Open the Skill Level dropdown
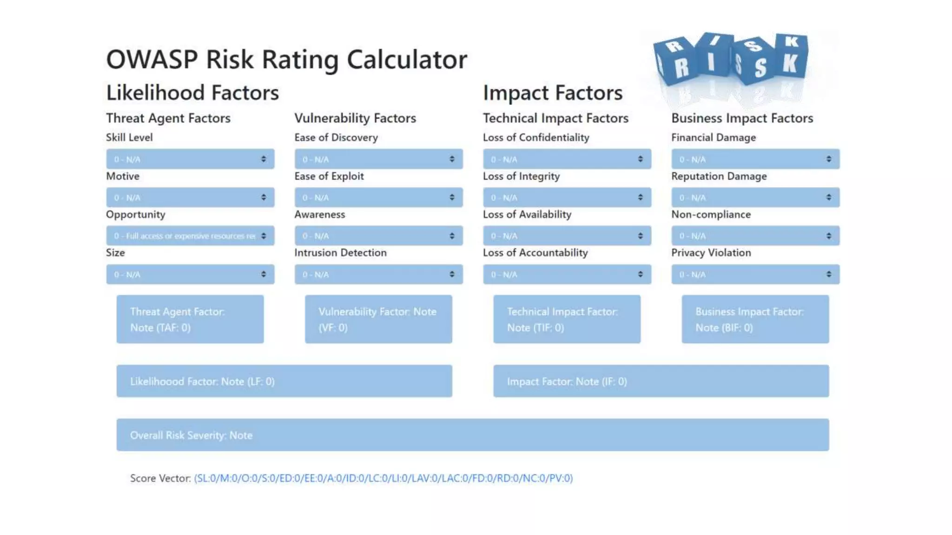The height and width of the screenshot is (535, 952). [190, 159]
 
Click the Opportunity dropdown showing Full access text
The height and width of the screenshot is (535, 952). [190, 236]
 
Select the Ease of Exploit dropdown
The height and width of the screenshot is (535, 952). [378, 198]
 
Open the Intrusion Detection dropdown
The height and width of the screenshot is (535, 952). [378, 274]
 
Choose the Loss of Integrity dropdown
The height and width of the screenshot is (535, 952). [567, 198]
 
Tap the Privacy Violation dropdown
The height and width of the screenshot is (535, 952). [755, 274]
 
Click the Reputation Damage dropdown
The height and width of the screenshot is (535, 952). [755, 198]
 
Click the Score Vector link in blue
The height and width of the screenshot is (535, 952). [383, 478]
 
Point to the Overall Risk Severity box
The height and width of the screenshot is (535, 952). [472, 435]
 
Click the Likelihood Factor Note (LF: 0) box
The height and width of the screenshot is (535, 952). [284, 381]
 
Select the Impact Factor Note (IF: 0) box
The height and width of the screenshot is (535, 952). [661, 381]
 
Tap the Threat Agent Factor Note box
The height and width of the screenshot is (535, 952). [190, 320]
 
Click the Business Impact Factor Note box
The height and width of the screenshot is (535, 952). [755, 320]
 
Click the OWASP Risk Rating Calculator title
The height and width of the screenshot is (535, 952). [286, 59]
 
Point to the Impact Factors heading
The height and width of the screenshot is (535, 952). [552, 93]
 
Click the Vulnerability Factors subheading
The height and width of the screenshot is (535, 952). [355, 118]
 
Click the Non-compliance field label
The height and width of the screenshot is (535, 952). [711, 215]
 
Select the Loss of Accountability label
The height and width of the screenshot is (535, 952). [535, 253]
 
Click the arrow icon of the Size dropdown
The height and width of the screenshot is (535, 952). [264, 274]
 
